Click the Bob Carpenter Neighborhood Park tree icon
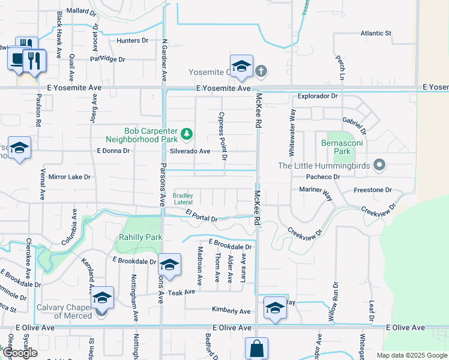pos(187,133)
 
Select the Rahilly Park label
pos(141,237)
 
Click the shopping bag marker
pos(256,349)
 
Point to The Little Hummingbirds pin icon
pos(379,164)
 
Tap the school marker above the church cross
pos(241,67)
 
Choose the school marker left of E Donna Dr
pos(19,148)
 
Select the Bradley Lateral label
pos(183,199)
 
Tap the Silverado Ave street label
pos(190,151)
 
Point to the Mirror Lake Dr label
pos(69,177)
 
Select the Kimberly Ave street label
pos(231,311)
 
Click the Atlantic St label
pos(376,33)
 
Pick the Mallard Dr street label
pos(82,11)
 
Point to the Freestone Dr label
pos(372,190)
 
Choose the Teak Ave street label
pos(182,292)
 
